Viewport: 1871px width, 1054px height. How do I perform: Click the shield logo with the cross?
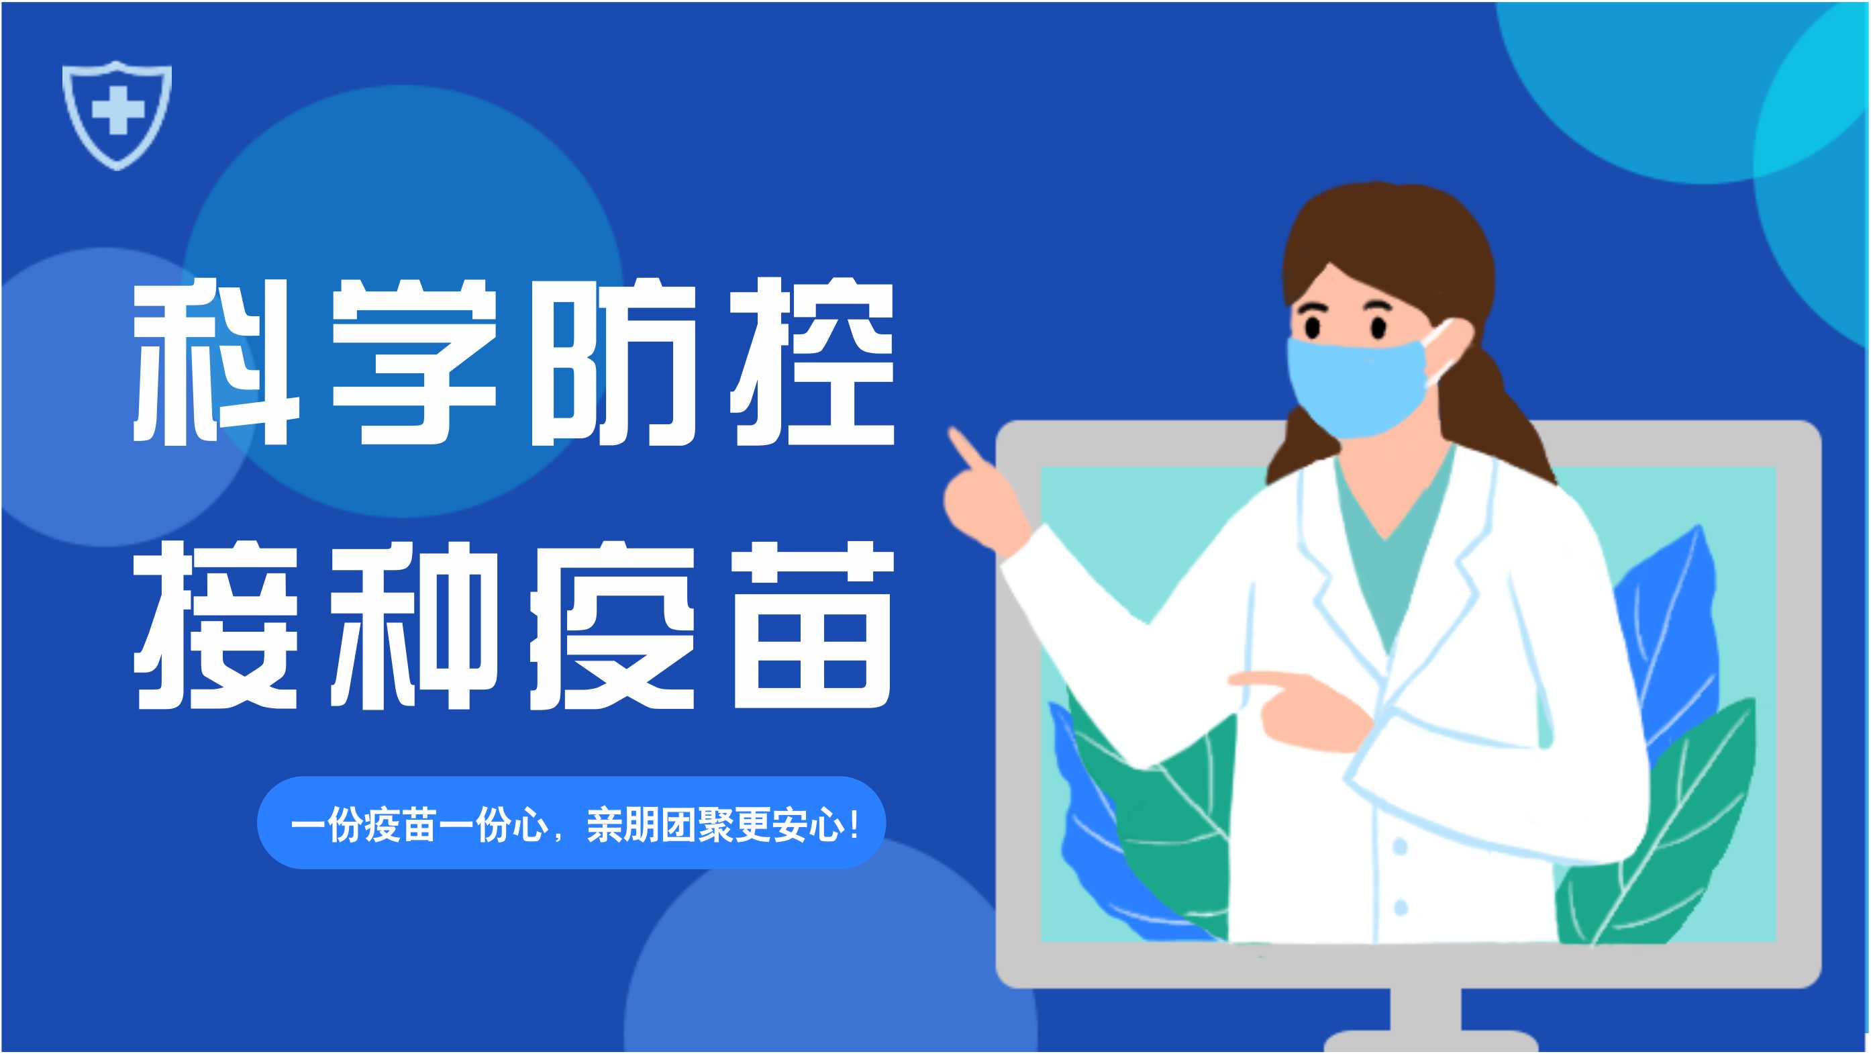point(117,115)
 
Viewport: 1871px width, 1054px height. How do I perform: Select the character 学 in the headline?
point(414,363)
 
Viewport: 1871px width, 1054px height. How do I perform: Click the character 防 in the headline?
point(614,363)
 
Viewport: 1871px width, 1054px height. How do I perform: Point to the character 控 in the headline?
point(813,363)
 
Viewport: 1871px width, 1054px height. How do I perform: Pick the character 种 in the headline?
point(414,626)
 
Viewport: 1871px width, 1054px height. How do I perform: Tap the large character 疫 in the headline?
point(614,626)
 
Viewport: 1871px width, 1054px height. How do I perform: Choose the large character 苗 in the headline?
point(813,626)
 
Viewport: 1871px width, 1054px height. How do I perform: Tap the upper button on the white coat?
point(1401,847)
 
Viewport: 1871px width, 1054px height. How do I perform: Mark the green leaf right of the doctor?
point(1670,835)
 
